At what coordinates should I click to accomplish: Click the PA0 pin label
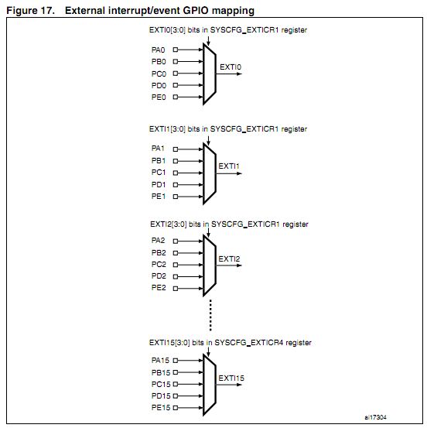(159, 50)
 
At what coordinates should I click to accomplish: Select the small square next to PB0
(176, 61)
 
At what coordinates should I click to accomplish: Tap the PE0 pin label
(159, 98)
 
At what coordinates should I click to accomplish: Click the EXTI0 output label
(231, 67)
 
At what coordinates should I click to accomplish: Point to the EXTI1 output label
(229, 166)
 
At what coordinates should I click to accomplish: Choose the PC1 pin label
(159, 173)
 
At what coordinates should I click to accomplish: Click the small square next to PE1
(176, 197)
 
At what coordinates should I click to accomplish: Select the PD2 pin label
(159, 276)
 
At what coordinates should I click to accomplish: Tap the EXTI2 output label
(229, 259)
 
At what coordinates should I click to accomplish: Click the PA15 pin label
(160, 361)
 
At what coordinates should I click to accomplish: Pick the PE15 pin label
(161, 408)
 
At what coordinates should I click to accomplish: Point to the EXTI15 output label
(231, 378)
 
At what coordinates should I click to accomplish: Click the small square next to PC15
(176, 384)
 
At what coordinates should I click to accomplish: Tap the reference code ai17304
(375, 417)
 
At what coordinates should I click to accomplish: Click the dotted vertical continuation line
(210, 315)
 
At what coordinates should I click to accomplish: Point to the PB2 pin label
(159, 253)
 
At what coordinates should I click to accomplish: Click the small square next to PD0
(176, 85)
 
